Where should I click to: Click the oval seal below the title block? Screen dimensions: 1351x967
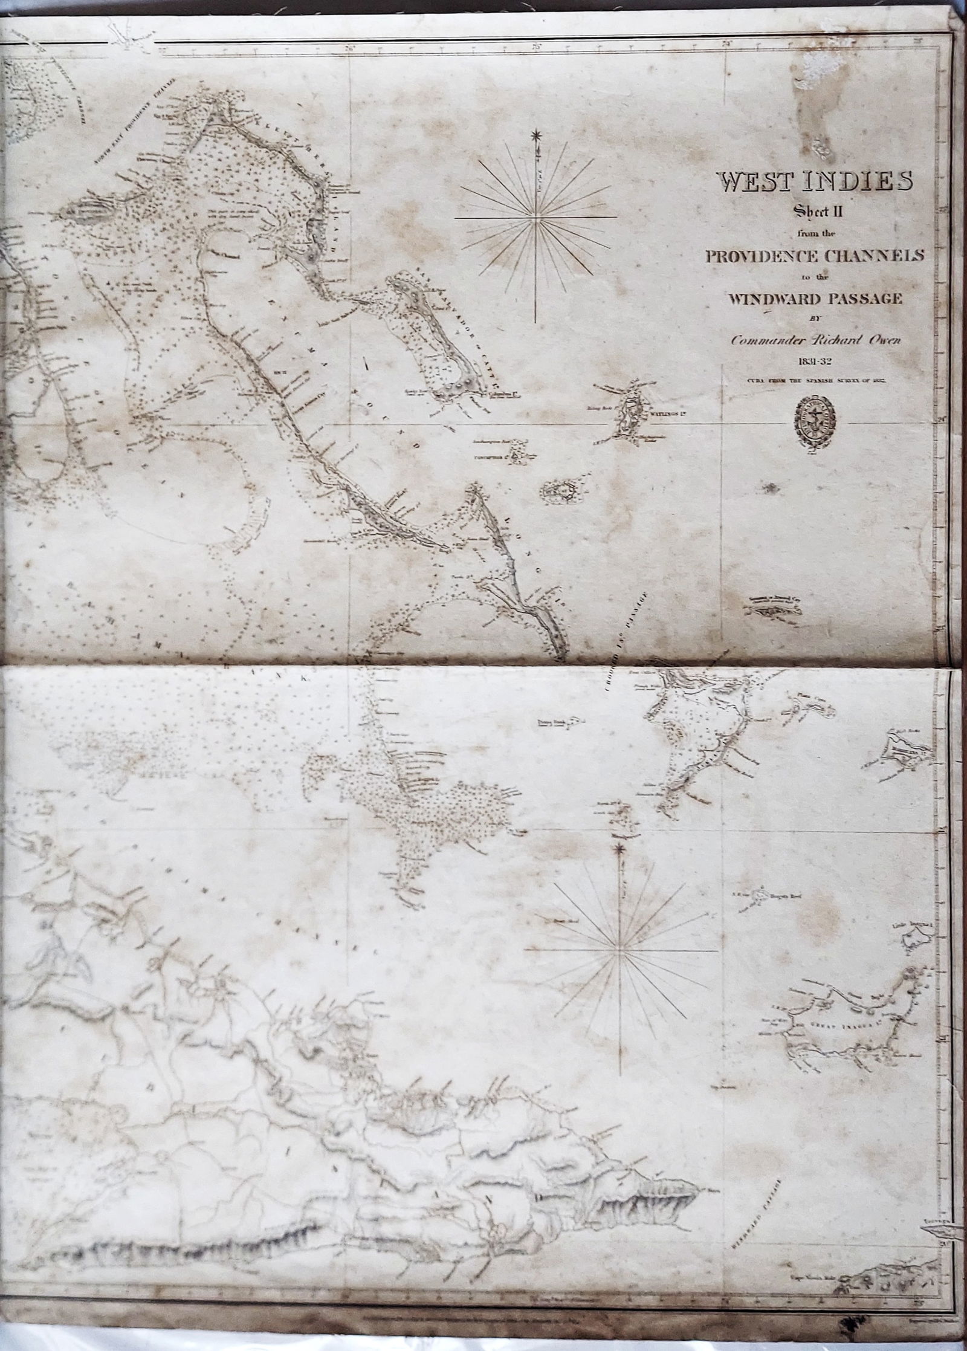coord(815,421)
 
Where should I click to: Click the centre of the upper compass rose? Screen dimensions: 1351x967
coord(535,219)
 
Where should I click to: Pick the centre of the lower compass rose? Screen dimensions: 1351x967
coord(619,938)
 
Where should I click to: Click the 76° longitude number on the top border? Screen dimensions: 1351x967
coord(349,50)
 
